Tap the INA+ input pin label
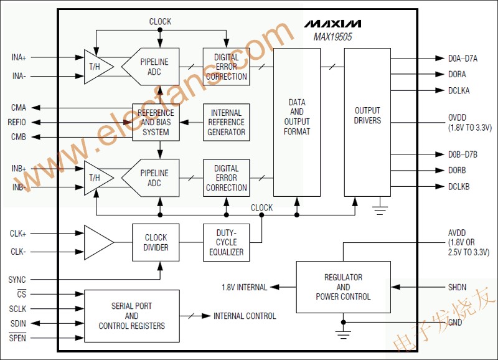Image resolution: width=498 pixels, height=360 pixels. click(19, 57)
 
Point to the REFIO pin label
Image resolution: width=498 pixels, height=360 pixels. click(17, 122)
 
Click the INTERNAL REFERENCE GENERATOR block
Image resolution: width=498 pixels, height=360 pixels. click(226, 122)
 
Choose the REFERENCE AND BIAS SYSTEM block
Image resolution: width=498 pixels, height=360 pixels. click(156, 122)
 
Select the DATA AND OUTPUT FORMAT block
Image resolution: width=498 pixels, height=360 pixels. click(297, 116)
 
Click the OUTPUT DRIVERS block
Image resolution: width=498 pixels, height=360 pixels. click(367, 116)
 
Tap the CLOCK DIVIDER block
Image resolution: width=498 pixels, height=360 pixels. click(156, 242)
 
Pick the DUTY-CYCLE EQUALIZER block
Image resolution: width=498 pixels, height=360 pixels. click(226, 242)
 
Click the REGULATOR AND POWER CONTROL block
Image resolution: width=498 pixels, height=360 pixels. click(343, 287)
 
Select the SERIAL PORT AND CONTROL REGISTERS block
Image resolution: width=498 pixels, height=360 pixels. click(131, 316)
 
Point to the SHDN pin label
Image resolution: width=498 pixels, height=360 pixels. click(458, 287)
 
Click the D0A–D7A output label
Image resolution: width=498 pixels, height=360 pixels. click(463, 59)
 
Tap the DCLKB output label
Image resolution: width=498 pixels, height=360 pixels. click(459, 186)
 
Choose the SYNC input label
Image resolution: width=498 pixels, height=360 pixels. click(17, 280)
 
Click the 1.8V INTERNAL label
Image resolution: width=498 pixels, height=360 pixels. click(244, 288)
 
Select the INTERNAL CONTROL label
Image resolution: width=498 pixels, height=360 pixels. click(245, 316)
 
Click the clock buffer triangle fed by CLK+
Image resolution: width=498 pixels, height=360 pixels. click(98, 242)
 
